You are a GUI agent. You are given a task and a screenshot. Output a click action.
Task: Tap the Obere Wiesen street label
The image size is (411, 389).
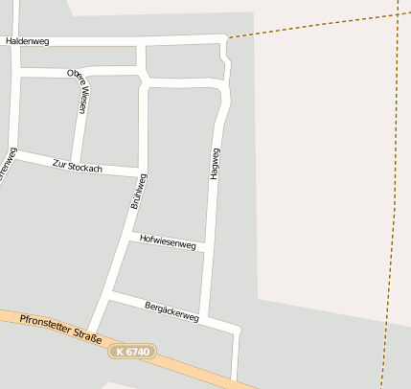coord(77,91)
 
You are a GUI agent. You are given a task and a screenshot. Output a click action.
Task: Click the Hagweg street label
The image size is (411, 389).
coord(215,165)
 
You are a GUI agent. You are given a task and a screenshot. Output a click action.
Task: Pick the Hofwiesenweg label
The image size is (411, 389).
coord(168,244)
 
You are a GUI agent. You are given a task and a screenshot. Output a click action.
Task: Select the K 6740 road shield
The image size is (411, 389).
coord(130,353)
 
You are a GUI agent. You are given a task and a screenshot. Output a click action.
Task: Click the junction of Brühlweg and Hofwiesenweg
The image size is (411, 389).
coord(132,234)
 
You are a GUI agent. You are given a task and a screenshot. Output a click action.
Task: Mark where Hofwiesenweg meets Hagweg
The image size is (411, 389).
coord(206,248)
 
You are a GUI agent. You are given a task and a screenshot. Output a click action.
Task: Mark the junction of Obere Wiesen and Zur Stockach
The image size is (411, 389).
coord(75,160)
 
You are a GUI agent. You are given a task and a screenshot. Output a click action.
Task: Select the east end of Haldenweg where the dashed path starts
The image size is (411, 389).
coord(227,38)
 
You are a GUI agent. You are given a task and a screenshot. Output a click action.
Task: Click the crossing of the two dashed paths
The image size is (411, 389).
coord(398,15)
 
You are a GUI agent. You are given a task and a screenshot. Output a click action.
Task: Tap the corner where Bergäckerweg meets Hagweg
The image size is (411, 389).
coord(236,331)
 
